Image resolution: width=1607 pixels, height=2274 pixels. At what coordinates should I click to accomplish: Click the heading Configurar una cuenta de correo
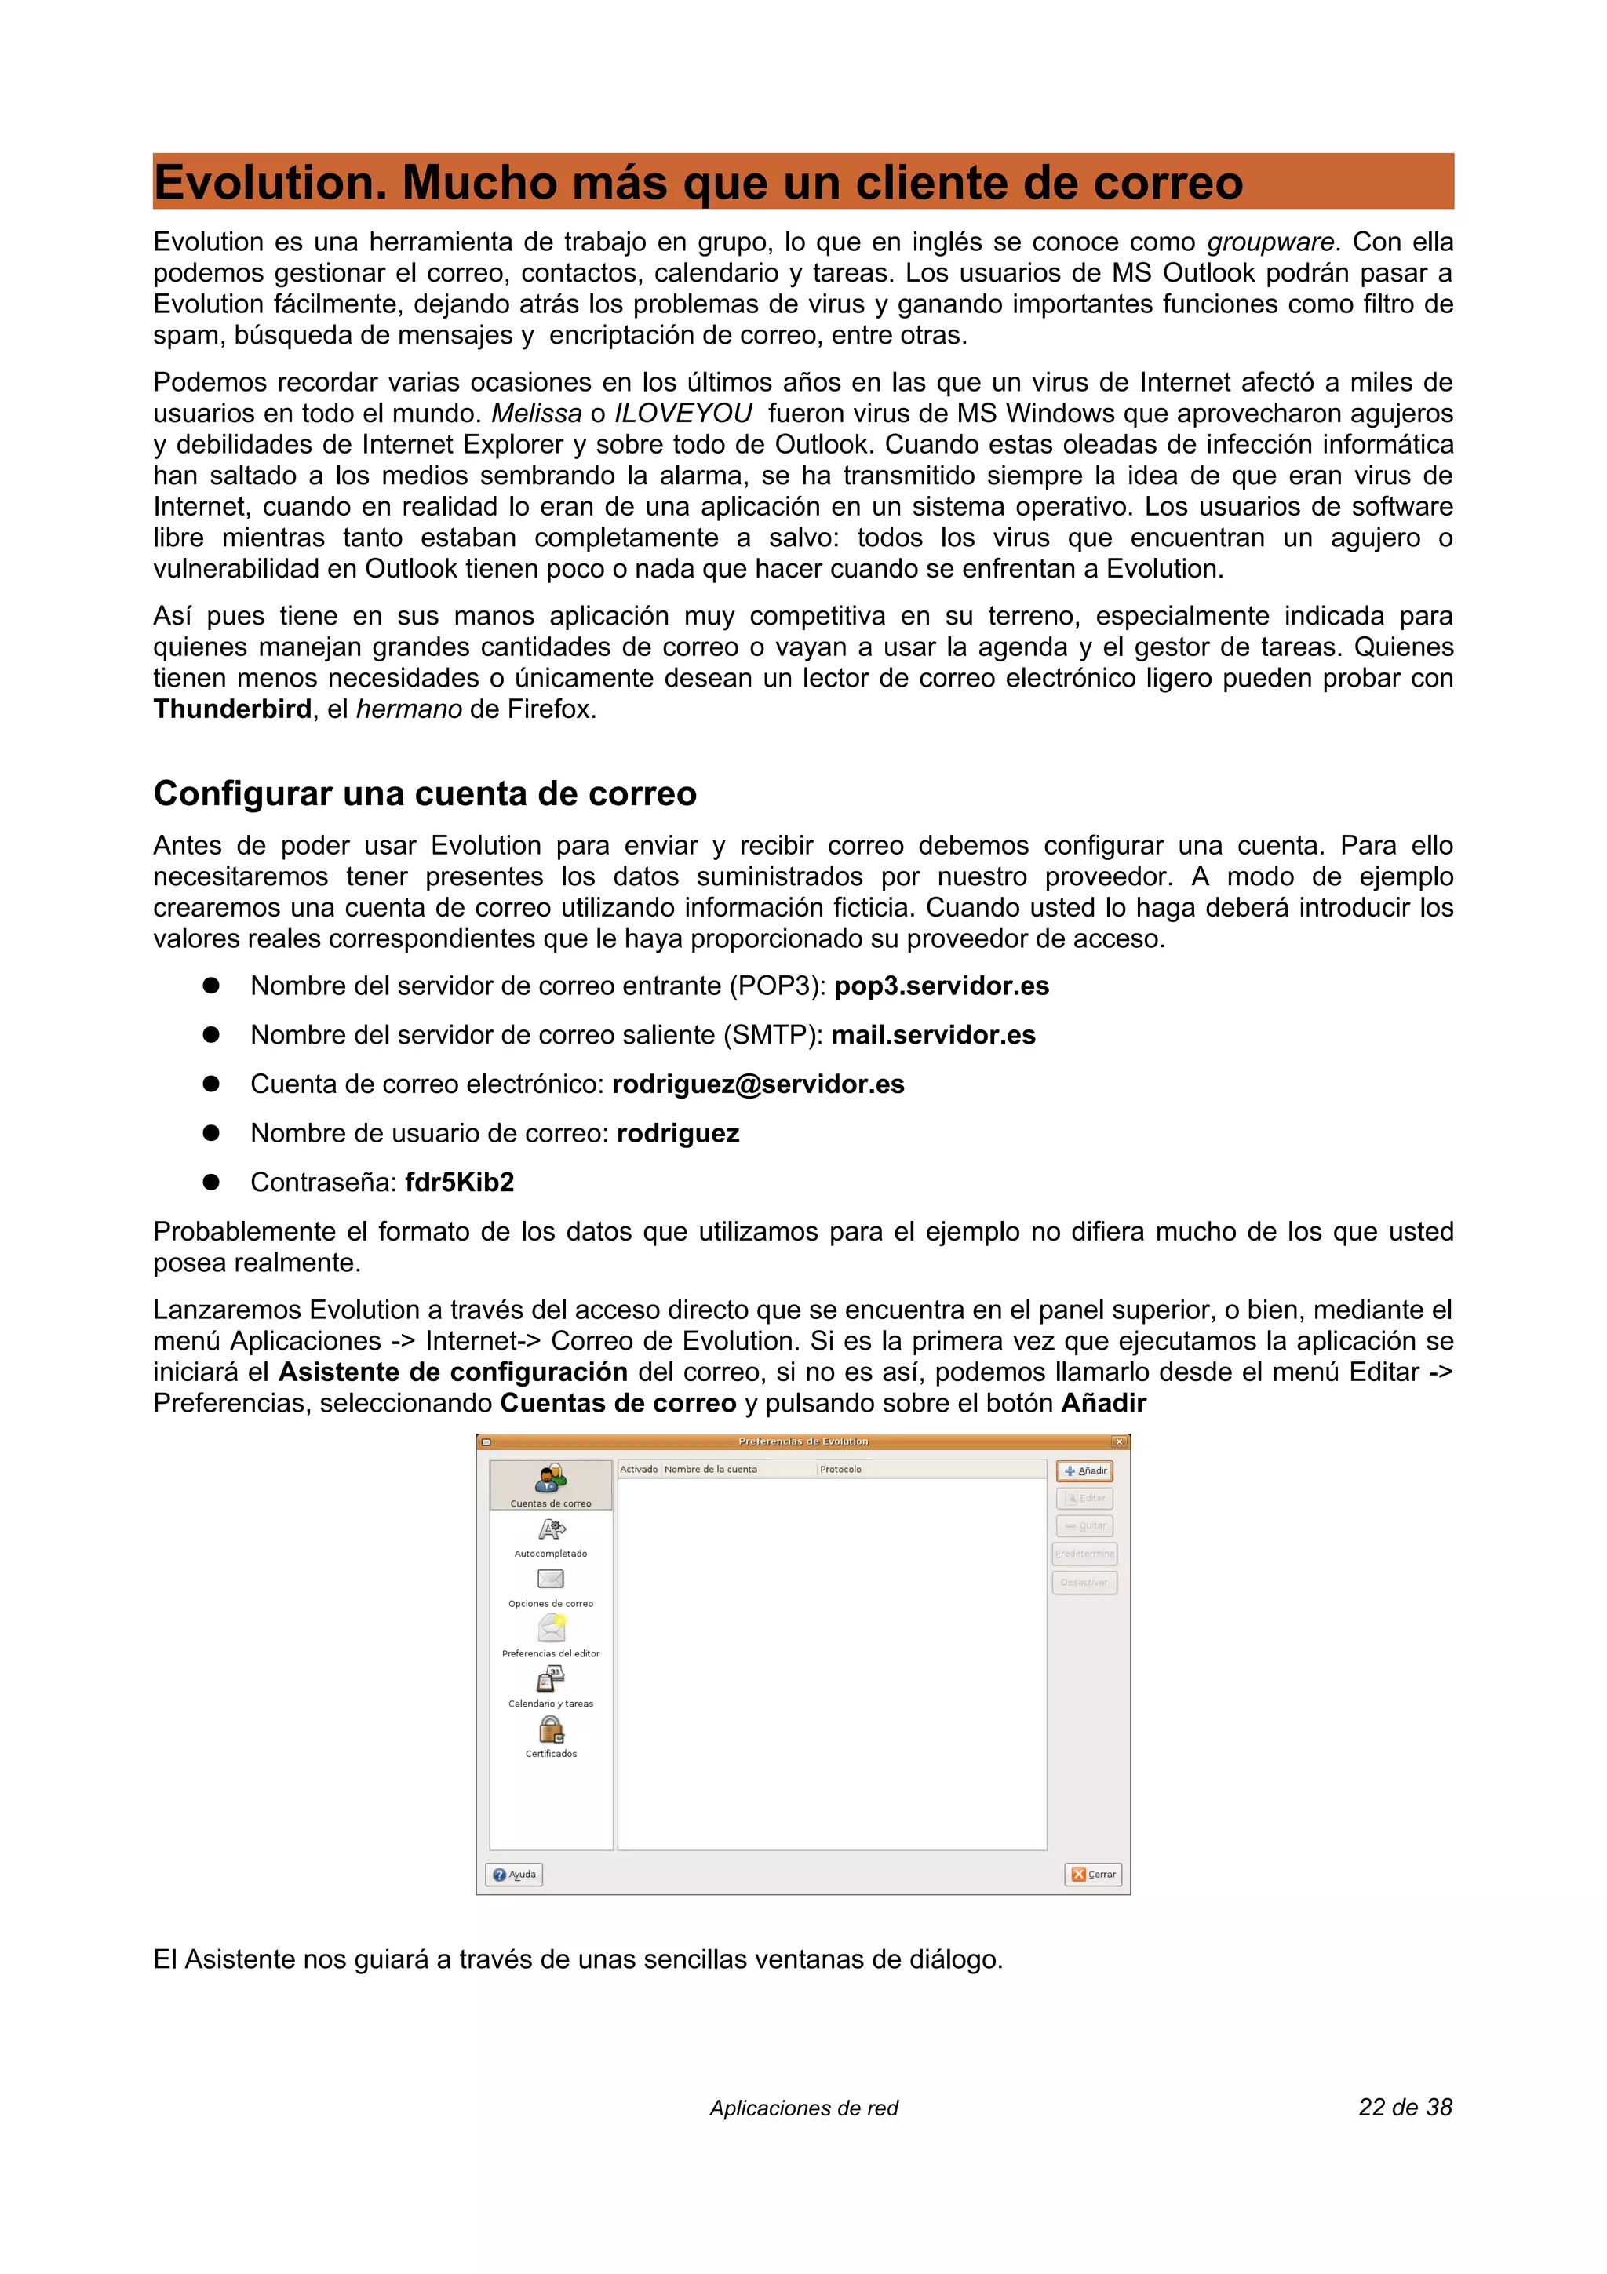pyautogui.click(x=425, y=793)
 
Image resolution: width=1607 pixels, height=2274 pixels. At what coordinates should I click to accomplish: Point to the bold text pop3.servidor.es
pyautogui.click(x=941, y=986)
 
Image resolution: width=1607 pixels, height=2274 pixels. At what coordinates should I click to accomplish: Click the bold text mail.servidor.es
pyautogui.click(x=933, y=1035)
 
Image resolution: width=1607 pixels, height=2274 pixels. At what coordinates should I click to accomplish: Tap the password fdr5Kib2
pyautogui.click(x=460, y=1182)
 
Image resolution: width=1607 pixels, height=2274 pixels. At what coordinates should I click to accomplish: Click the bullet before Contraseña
pyautogui.click(x=211, y=1182)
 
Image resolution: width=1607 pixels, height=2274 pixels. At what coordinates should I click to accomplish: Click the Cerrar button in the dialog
pyautogui.click(x=1092, y=1874)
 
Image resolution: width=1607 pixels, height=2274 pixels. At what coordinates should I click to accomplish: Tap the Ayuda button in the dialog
pyautogui.click(x=514, y=1874)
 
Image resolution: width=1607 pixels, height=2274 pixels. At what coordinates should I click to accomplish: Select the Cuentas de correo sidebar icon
pyautogui.click(x=551, y=1481)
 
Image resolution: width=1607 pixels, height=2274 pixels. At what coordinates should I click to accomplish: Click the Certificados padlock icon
pyautogui.click(x=551, y=1730)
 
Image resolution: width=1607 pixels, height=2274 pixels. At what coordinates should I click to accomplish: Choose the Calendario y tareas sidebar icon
pyautogui.click(x=551, y=1680)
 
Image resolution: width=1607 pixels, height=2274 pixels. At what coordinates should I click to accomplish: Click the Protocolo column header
pyautogui.click(x=840, y=1469)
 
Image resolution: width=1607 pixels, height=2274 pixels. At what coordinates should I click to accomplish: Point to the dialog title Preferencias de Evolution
pyautogui.click(x=803, y=1441)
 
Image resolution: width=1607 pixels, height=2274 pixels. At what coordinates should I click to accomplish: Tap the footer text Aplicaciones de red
pyautogui.click(x=803, y=2108)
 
